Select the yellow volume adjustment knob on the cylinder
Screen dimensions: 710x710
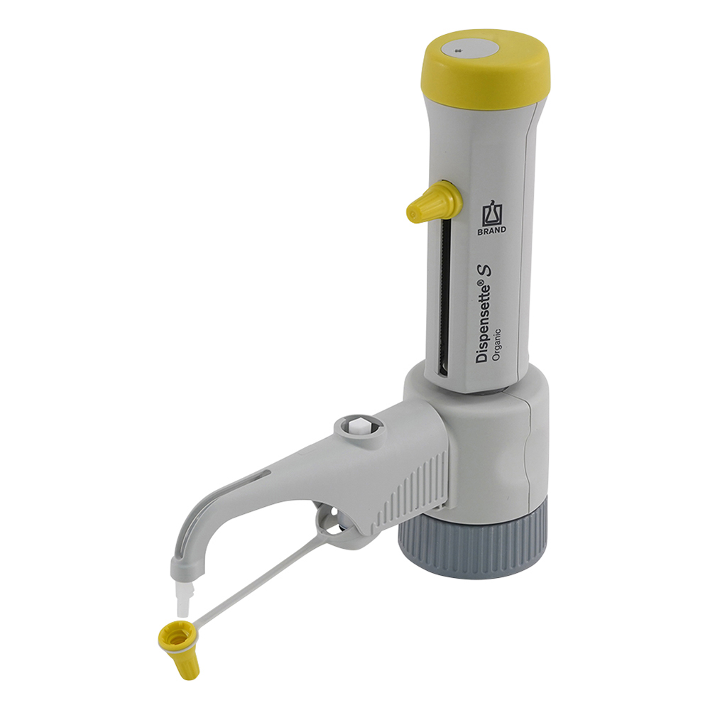click(x=434, y=202)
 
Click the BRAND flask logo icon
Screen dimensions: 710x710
click(x=492, y=214)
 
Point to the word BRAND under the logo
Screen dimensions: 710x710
click(x=492, y=231)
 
